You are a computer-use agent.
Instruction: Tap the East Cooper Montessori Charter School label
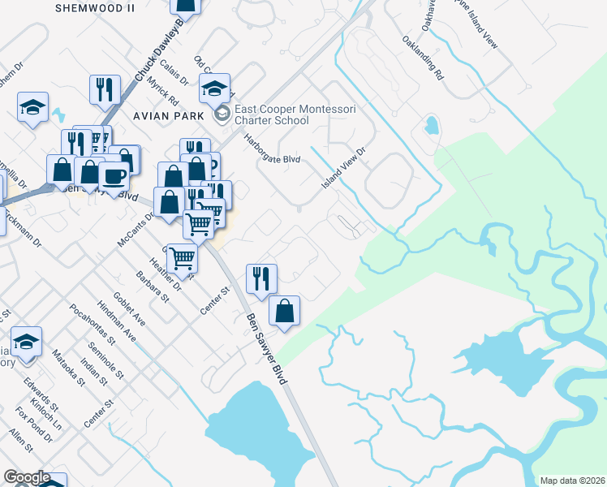coord(271,114)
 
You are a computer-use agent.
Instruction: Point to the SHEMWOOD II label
coord(95,7)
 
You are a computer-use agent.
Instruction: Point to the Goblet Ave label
coord(129,308)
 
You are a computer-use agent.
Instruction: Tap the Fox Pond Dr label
coord(33,425)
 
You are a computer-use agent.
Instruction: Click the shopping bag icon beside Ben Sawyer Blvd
coord(285,310)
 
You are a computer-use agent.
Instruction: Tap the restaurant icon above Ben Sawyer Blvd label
coord(261,278)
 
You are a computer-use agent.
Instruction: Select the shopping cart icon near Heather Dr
coord(183,257)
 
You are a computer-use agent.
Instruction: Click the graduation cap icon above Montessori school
coord(215,88)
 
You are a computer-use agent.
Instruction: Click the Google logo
coord(27,477)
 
